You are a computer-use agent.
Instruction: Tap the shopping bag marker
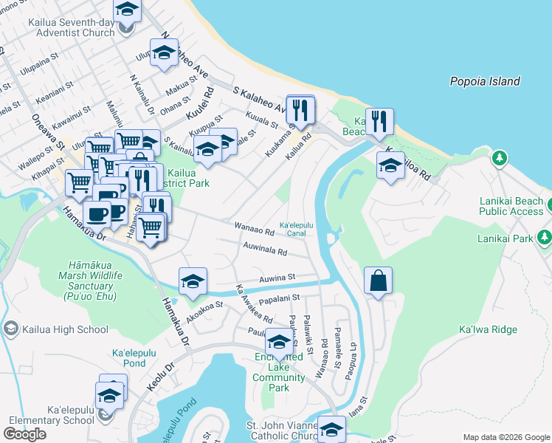378,281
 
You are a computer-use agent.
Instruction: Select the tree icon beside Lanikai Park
545,236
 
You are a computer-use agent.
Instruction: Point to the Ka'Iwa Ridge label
488,329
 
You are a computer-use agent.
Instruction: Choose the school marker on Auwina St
193,281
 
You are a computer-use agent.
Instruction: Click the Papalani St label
277,298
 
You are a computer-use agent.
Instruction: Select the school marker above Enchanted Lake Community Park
279,342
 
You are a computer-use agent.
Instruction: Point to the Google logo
25,433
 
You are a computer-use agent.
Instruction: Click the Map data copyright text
506,437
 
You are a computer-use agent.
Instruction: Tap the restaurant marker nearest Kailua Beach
379,122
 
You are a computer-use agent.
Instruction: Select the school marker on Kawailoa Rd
390,166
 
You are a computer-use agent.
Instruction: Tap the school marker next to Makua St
164,53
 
